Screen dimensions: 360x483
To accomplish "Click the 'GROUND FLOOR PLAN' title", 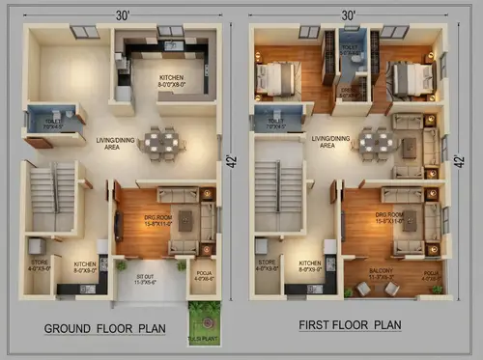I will [x=104, y=329].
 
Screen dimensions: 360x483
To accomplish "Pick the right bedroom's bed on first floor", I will [x=411, y=76].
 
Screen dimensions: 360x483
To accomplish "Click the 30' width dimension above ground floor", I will [x=124, y=14].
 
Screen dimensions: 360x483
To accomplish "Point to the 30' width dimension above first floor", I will [x=348, y=14].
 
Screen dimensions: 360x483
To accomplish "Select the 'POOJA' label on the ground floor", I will [x=202, y=276].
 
